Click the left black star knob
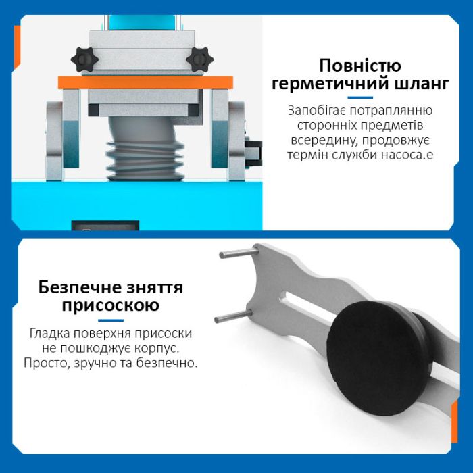coord(84,59)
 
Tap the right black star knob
coord(200,59)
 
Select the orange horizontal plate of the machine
coord(145,82)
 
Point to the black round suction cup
coord(378,357)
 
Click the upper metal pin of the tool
coord(239,253)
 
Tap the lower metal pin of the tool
coord(233,316)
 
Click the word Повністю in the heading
coord(360,66)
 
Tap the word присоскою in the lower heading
coord(111,305)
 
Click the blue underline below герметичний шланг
coord(360,97)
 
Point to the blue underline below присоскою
coord(111,320)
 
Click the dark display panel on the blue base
coord(105,226)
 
